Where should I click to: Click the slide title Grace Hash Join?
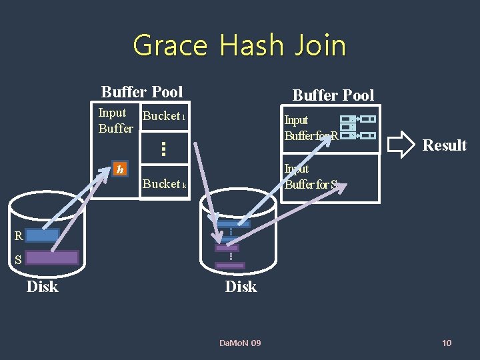(239, 45)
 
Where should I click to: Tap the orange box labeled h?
(119, 169)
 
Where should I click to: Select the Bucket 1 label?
(163, 116)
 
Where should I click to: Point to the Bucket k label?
(164, 184)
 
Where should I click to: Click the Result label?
(445, 145)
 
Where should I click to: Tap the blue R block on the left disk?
(43, 235)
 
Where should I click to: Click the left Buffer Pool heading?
(142, 91)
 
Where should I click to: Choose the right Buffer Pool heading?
(333, 95)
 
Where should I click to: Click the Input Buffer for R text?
(311, 128)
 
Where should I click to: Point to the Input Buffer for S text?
(311, 177)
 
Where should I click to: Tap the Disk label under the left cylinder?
(42, 287)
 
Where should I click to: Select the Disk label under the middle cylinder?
(241, 287)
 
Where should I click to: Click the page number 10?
(447, 343)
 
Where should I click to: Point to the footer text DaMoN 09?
(240, 343)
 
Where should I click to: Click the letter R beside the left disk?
(19, 235)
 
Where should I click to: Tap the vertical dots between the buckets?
(163, 148)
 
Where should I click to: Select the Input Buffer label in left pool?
(115, 121)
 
